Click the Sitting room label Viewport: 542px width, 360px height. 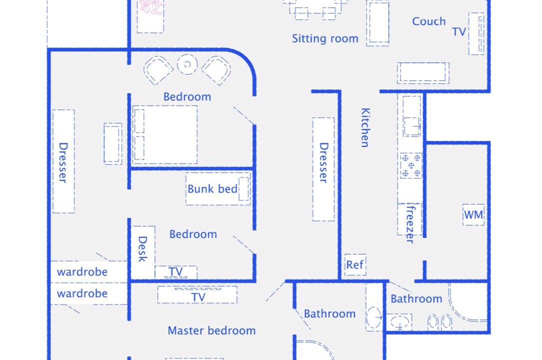(325, 38)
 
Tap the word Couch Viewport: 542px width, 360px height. (429, 21)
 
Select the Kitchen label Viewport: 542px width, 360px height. (365, 127)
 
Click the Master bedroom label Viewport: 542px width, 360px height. (211, 330)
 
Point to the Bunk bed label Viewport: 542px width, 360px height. (212, 189)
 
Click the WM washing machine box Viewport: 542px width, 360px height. (473, 215)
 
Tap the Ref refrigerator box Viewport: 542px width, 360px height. (355, 265)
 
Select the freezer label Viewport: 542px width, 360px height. (410, 224)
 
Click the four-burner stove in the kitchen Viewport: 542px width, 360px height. (411, 165)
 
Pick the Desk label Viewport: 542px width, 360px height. (142, 249)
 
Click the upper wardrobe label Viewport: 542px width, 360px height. (82, 272)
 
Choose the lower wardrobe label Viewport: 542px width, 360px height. (82, 293)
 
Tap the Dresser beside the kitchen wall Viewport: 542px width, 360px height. (323, 169)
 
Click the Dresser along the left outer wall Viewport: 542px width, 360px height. (63, 161)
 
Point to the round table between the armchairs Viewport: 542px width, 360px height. (187, 64)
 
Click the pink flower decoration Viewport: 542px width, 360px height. (151, 7)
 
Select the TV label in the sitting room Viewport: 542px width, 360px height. (459, 32)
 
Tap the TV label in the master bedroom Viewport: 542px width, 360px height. (198, 297)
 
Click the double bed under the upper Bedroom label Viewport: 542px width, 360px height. (165, 135)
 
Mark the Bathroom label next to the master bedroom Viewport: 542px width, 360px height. (330, 313)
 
